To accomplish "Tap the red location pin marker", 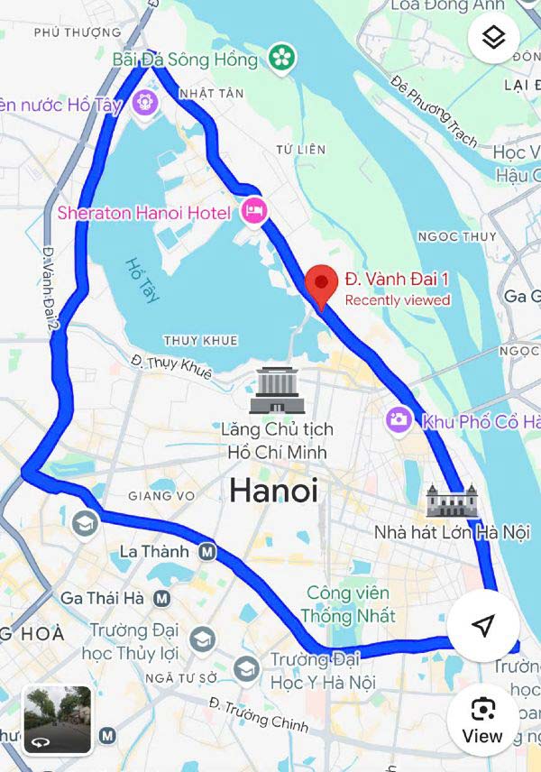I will coord(322,285).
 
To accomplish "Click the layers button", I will coord(493,38).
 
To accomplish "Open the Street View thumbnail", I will coord(57,720).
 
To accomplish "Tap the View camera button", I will coord(482,719).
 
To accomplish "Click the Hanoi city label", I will coord(273,491).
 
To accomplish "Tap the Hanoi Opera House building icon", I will coord(451,501).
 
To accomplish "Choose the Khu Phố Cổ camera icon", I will coord(399,419).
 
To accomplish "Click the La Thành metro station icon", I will coord(207,551).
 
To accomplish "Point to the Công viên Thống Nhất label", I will coord(348,604).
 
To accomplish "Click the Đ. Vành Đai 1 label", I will coord(397,279).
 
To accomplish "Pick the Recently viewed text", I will coord(397,300).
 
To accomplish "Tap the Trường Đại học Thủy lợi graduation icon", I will coord(202,639).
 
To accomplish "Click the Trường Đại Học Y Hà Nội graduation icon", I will coord(246,669).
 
